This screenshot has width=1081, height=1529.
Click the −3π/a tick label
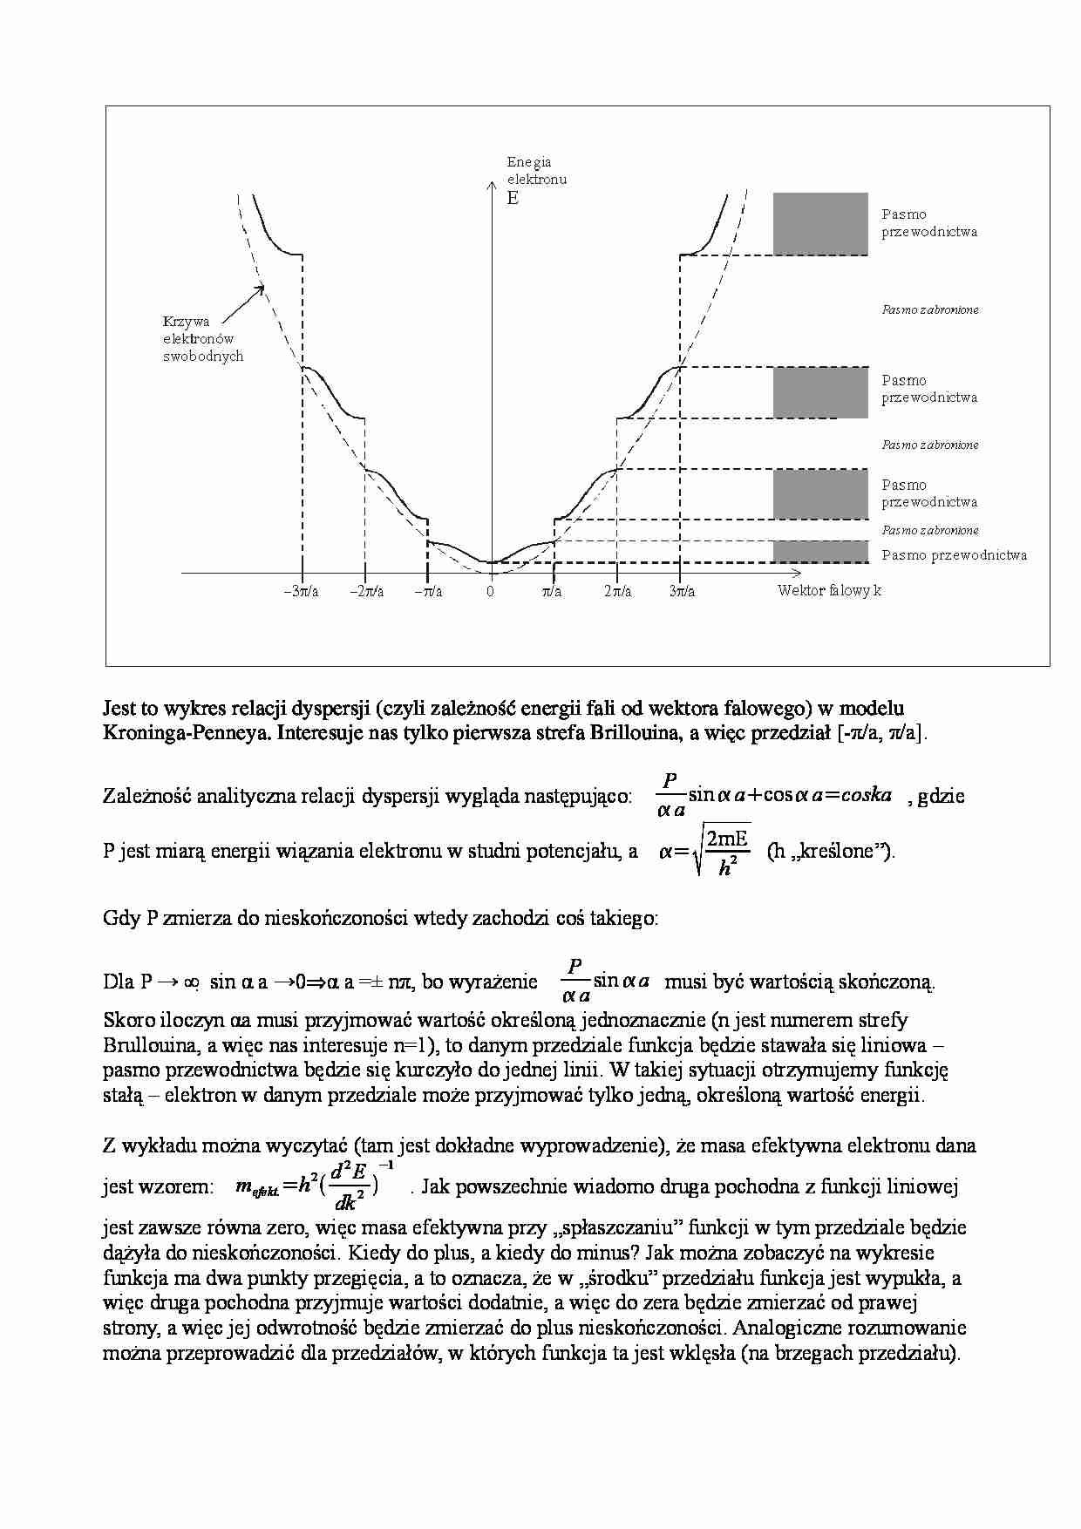(301, 592)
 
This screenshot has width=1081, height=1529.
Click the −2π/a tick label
(366, 592)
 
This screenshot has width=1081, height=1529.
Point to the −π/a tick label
(428, 592)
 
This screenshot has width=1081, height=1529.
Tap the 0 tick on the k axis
(490, 592)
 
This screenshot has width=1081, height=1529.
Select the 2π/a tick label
(617, 592)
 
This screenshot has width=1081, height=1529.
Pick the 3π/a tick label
(682, 592)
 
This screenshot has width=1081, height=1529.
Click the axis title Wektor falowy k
(829, 591)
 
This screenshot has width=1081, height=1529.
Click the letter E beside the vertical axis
(513, 199)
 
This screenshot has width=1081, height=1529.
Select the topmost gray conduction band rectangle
(820, 224)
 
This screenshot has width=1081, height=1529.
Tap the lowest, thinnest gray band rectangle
(820, 552)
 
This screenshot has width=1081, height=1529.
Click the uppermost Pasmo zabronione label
(930, 309)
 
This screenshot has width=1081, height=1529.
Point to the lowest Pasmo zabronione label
(930, 530)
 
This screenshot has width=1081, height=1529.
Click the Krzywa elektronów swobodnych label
(202, 339)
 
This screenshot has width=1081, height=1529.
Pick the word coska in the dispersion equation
(867, 794)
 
